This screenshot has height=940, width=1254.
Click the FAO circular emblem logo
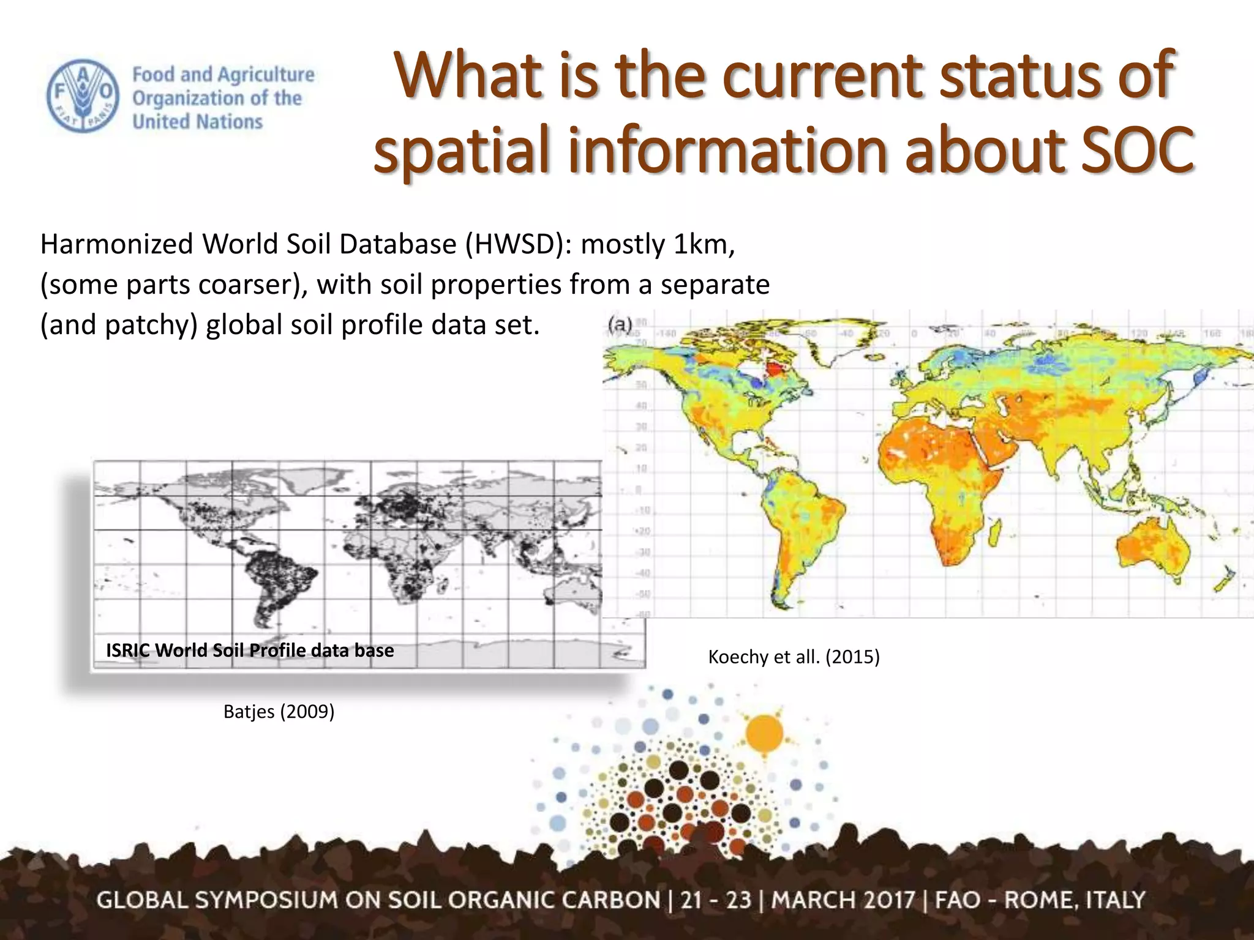(x=81, y=96)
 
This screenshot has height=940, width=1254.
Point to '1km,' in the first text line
(x=704, y=245)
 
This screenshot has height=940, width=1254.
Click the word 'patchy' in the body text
(x=151, y=325)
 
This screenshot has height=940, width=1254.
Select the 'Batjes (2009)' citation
(x=279, y=712)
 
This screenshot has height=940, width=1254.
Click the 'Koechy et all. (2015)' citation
(x=794, y=657)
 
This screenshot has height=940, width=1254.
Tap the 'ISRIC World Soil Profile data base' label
(x=250, y=650)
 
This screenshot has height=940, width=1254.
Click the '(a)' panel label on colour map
(x=620, y=324)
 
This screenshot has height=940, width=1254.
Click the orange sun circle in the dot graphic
(x=765, y=733)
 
